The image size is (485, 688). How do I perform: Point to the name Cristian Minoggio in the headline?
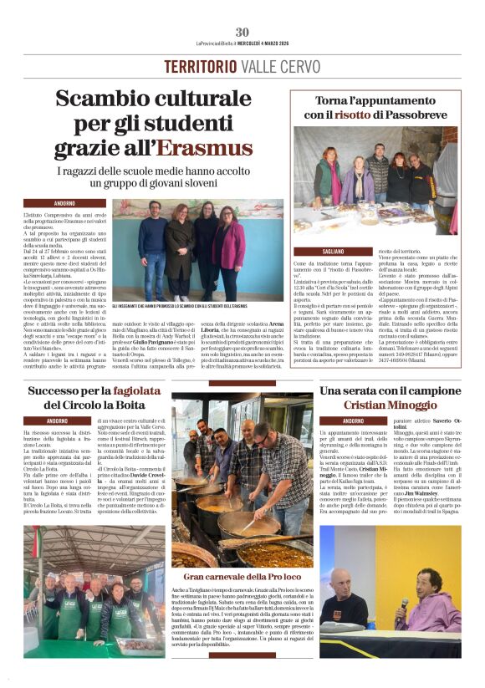pos(389,405)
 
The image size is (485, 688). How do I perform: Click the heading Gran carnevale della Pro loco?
pos(242,577)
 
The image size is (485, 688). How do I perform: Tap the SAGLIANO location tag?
pos(332,251)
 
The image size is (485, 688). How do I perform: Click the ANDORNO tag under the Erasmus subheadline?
pos(64,203)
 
